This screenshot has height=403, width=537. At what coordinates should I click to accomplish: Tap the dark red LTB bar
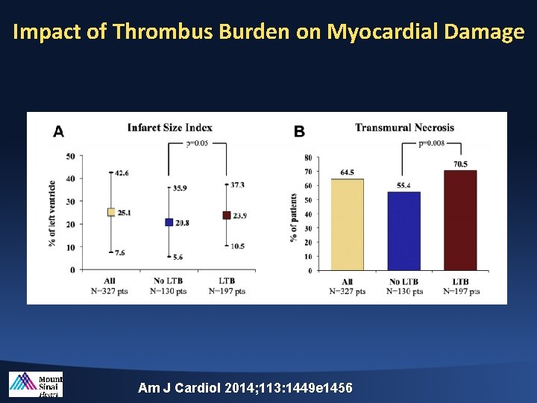tap(460, 220)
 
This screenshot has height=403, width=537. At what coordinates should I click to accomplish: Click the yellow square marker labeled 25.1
tap(111, 212)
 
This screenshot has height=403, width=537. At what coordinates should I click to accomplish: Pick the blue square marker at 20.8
tap(169, 222)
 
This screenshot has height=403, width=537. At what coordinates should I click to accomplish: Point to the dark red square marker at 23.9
tap(226, 215)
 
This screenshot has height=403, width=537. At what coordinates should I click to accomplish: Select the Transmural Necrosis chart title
tap(404, 128)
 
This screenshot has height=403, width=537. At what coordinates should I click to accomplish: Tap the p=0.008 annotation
tap(432, 143)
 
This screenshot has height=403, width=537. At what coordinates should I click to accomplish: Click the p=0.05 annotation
tap(197, 143)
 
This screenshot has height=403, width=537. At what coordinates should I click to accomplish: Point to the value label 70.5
tap(460, 164)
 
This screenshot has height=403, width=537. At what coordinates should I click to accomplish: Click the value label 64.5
tap(347, 172)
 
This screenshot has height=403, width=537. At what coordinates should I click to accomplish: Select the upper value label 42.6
tap(122, 172)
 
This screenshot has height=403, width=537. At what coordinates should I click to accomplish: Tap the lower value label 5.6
tap(178, 257)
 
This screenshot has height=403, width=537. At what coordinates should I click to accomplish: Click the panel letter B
tap(299, 131)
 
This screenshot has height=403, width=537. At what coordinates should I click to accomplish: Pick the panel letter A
tap(58, 131)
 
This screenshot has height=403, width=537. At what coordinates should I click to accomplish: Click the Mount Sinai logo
tap(36, 384)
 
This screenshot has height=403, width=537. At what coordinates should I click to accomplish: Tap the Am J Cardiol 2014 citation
tap(245, 388)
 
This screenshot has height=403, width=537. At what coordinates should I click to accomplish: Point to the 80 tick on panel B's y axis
tap(308, 157)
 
